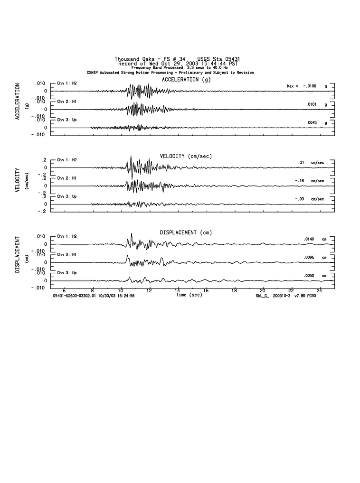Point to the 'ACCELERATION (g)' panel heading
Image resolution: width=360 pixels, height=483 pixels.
(186, 80)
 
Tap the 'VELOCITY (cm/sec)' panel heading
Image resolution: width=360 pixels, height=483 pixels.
(186, 156)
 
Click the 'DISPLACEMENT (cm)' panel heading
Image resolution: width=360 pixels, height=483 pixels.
(186, 232)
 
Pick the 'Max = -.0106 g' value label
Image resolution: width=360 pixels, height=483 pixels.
(307, 86)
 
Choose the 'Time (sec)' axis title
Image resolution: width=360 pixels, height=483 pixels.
(189, 295)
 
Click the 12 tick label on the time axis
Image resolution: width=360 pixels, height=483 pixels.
(149, 290)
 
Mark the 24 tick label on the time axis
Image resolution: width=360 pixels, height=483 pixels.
(319, 290)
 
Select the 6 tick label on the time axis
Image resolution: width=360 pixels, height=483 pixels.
(64, 290)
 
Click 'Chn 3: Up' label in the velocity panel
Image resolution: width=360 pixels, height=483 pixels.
(67, 196)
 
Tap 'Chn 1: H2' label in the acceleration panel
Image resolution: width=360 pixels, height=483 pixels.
(67, 83)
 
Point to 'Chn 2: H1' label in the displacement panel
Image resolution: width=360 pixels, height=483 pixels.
(67, 254)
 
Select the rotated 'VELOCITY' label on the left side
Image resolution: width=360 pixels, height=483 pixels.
(18, 180)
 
